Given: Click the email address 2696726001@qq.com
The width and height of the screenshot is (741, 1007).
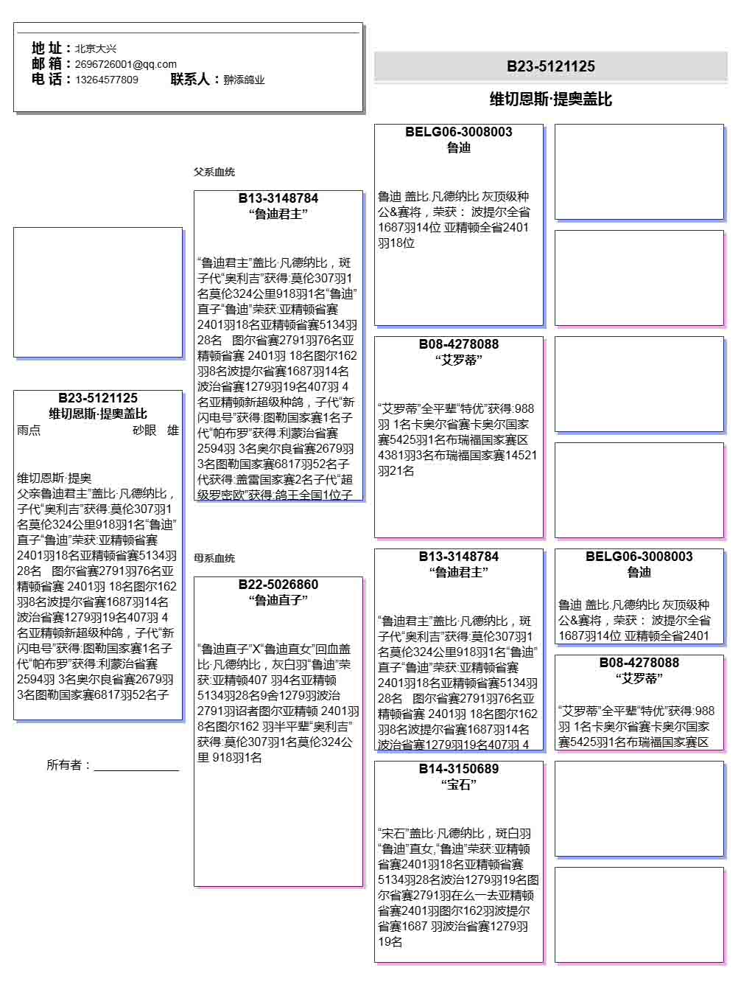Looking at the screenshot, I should pos(125,64).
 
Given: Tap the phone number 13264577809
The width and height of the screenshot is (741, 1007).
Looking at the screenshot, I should pos(106,80).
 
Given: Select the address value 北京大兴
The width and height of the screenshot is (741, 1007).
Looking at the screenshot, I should pos(96,49).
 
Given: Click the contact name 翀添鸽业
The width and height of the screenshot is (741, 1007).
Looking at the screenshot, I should pos(244,80).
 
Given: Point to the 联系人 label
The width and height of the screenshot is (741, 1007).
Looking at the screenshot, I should pos(194,79).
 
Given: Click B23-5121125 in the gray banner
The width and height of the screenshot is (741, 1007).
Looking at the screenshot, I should pos(550,66).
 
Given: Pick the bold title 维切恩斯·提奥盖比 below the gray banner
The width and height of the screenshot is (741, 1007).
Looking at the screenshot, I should pos(550,100).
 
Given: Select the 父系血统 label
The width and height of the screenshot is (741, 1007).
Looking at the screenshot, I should pos(214,172).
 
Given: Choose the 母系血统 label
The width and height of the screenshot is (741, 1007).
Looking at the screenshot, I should pos(214,558).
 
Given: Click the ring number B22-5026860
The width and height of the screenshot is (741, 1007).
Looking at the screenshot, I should pos(278,585).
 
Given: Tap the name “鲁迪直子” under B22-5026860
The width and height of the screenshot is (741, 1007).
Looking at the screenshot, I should pos(278,600).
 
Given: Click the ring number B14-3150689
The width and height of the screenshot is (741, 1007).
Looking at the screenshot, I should pos(459,769).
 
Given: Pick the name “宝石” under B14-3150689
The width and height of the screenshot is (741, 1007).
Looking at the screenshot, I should pos(459,784).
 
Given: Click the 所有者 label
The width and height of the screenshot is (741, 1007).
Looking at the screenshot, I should pos(69,765).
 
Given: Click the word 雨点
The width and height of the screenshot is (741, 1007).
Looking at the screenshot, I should pos(29,431).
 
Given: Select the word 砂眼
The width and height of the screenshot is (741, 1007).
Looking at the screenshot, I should pos(144,431).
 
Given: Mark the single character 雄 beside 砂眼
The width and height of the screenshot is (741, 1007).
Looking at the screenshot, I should pos(173,431).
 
